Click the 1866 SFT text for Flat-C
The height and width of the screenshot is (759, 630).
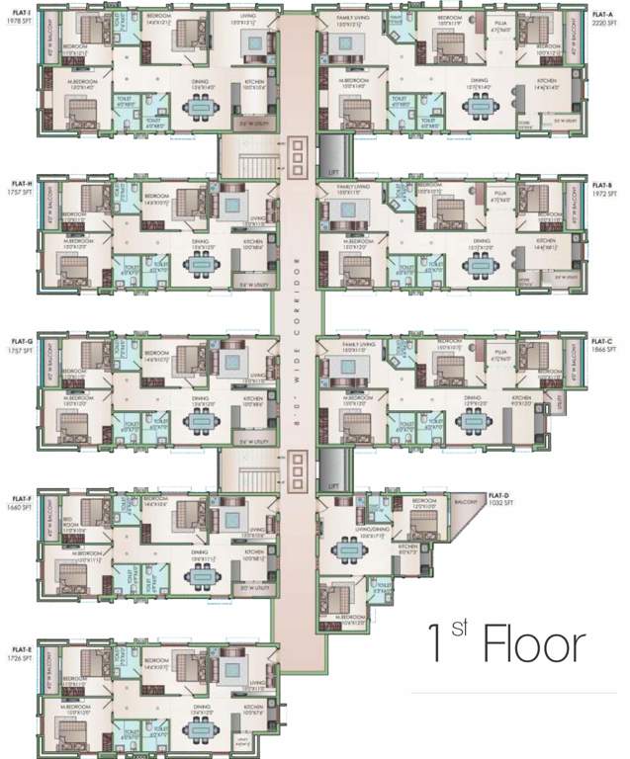click(604, 350)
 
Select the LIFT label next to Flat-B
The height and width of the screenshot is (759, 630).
click(332, 171)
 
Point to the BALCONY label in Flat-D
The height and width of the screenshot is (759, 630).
click(466, 502)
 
